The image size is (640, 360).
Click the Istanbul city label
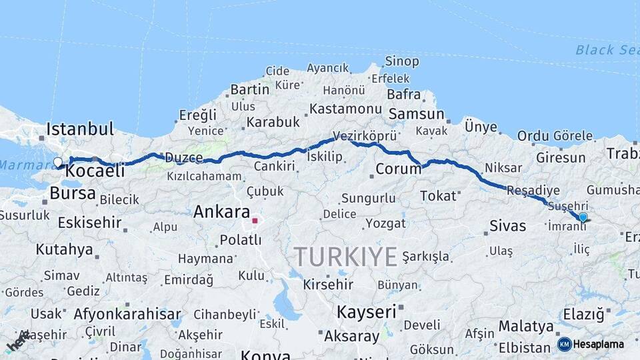tap(80, 128)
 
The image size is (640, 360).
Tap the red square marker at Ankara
tap(255, 220)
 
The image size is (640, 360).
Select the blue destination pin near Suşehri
tap(583, 217)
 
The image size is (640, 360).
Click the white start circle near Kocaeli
tap(58, 162)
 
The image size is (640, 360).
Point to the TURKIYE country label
tap(346, 256)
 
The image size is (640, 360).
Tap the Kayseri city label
tap(367, 311)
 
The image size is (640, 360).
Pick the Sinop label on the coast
tap(401, 61)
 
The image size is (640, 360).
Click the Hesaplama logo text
tap(599, 344)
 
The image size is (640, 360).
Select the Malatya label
tap(526, 327)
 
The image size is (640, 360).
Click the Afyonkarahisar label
tap(127, 313)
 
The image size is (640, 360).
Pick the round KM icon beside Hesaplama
tap(564, 344)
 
